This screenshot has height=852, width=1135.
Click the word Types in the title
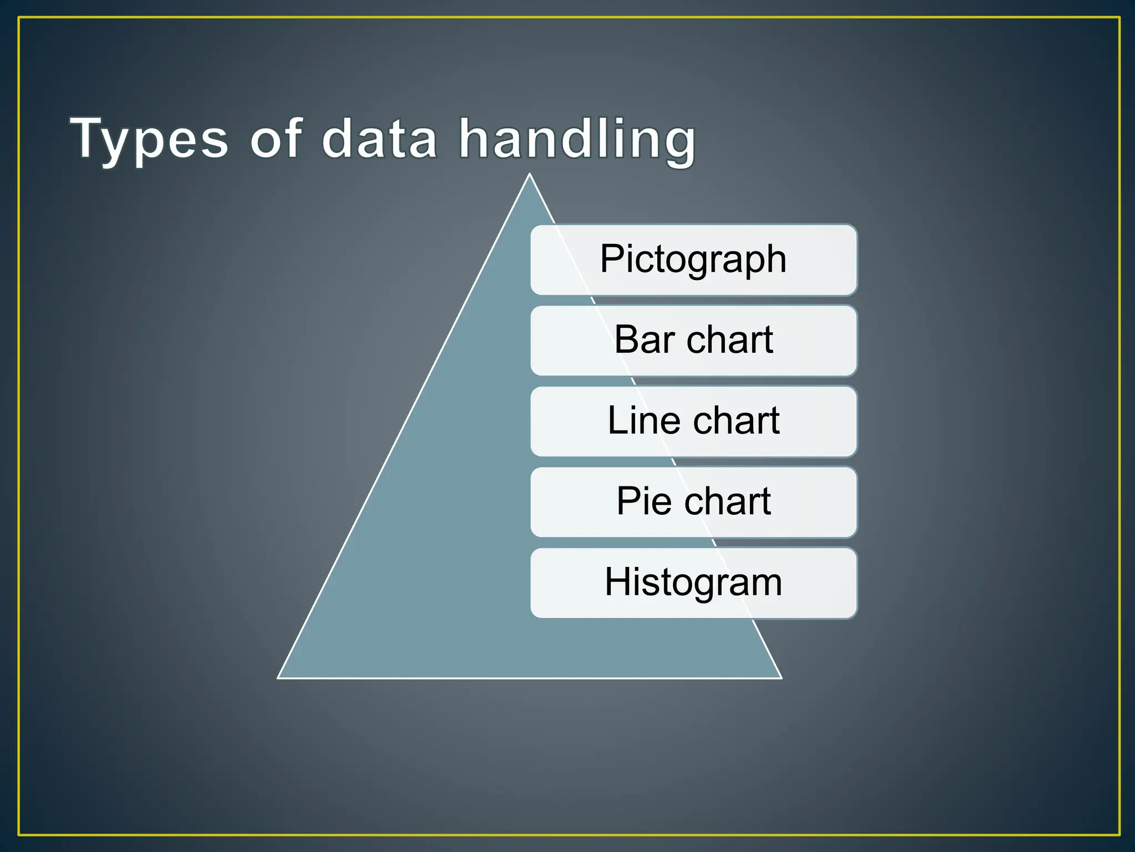(x=149, y=139)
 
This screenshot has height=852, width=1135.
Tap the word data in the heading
(x=380, y=139)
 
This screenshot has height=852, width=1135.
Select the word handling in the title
(x=577, y=139)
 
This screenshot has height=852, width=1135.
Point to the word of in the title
(x=275, y=139)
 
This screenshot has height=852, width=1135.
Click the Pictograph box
(x=693, y=260)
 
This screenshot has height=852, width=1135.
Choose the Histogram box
(x=693, y=582)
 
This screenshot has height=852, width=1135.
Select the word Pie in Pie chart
(x=644, y=501)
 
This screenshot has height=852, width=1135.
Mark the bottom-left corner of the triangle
(x=278, y=677)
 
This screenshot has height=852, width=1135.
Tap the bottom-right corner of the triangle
(x=781, y=677)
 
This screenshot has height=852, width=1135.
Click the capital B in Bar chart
(x=626, y=339)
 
